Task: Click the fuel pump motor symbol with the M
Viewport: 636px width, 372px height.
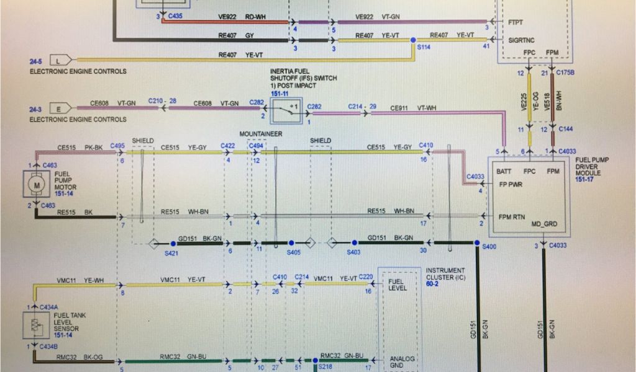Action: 36,185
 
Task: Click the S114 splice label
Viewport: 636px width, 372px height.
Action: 425,46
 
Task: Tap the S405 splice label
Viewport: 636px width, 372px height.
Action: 293,252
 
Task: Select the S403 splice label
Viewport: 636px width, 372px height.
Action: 353,252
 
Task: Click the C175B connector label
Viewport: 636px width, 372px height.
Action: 566,73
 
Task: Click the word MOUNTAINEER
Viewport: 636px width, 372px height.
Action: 261,134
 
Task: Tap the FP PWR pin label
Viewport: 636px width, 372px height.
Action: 511,184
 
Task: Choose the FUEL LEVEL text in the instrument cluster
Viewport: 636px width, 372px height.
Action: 397,285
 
